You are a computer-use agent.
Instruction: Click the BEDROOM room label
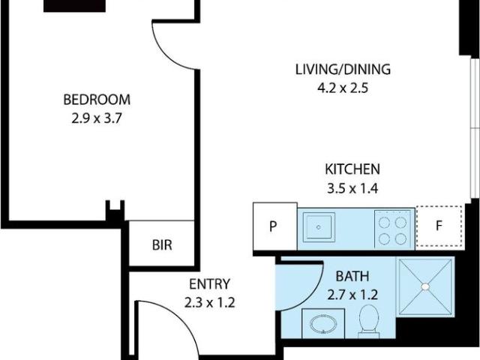click(97, 100)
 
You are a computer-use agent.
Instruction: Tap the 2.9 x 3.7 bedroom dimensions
click(97, 118)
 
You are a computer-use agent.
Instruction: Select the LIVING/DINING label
click(343, 70)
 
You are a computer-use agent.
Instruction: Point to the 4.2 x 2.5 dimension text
click(343, 88)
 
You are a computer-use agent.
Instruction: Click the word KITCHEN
click(352, 169)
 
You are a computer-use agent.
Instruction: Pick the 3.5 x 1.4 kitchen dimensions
click(352, 188)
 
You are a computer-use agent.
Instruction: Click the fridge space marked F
click(439, 226)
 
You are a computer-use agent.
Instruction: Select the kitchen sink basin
click(318, 227)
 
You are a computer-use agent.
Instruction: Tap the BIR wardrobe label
click(162, 245)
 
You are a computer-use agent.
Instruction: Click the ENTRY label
click(209, 284)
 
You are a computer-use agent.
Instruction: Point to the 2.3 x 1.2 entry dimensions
click(209, 303)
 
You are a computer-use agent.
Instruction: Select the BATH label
click(352, 277)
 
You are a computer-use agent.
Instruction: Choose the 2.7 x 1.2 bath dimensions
click(352, 295)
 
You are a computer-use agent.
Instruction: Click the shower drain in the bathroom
click(425, 286)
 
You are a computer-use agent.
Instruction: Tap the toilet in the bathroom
click(368, 322)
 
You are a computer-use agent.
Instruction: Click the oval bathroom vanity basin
click(323, 324)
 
